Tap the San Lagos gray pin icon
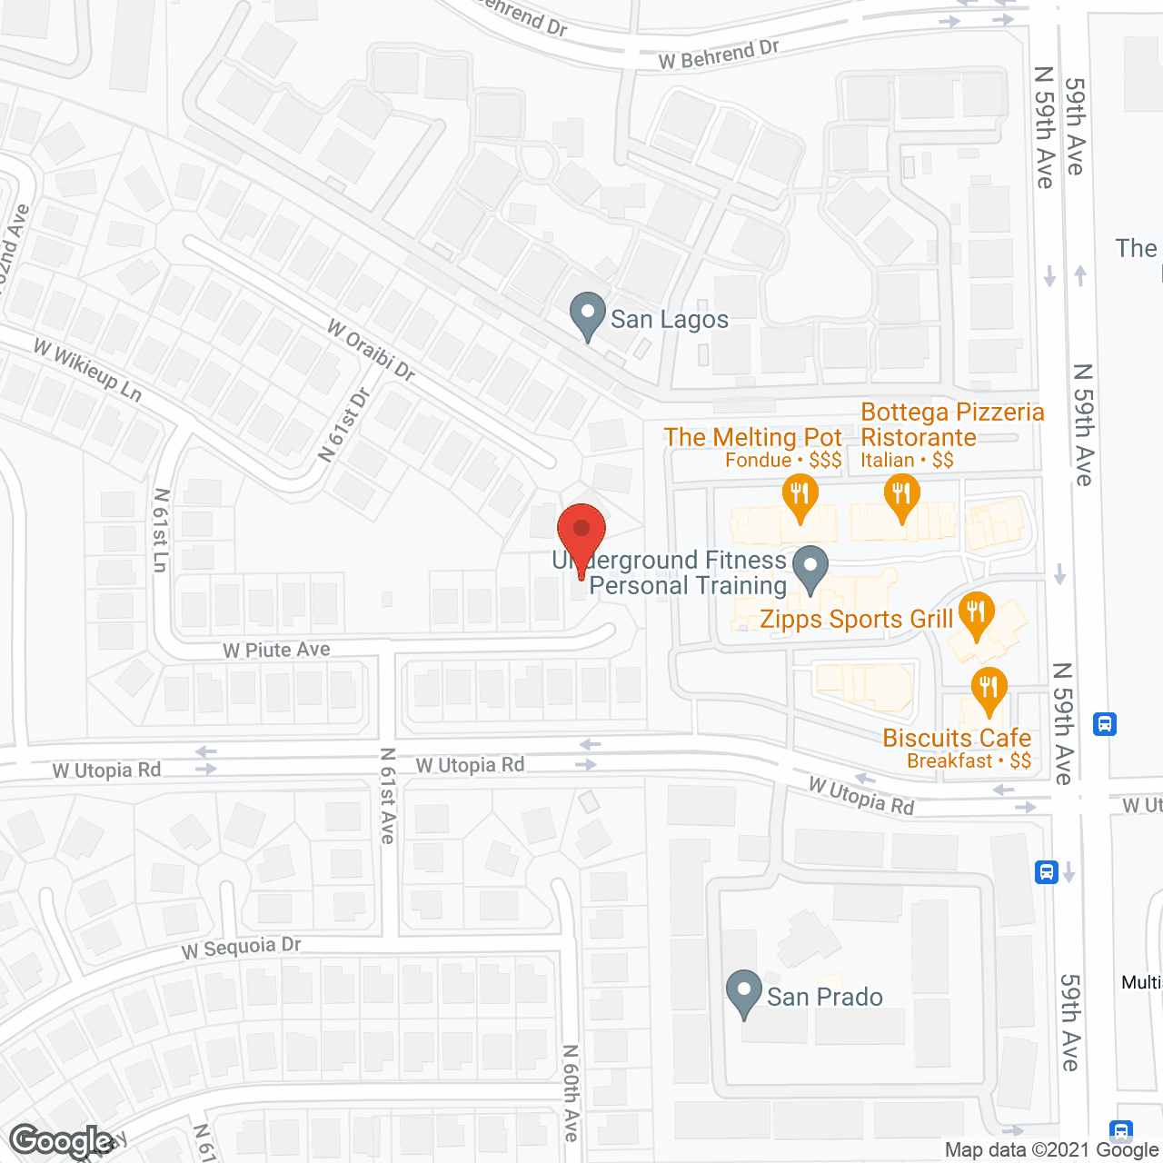[x=588, y=314]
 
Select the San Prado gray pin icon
[x=744, y=993]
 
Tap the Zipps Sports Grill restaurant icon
[x=976, y=615]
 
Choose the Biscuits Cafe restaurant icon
[x=989, y=690]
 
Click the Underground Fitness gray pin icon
[x=810, y=569]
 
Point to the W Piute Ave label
[x=276, y=650]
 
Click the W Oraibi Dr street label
[x=371, y=350]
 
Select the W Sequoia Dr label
[x=241, y=947]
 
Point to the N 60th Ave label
[x=571, y=1092]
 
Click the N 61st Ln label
[x=161, y=531]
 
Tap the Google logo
[x=62, y=1141]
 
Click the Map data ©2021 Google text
[x=1051, y=1150]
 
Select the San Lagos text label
[x=670, y=320]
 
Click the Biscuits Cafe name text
[x=957, y=738]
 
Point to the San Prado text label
[x=825, y=998]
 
